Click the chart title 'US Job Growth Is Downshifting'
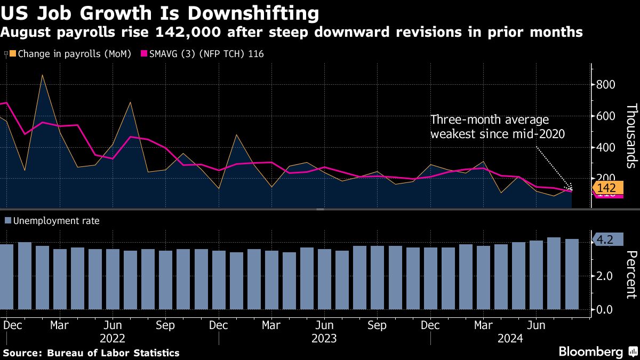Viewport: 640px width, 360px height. pos(160,13)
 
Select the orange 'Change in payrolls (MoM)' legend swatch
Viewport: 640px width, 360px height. pos(13,54)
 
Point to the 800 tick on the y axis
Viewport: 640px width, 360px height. pos(606,85)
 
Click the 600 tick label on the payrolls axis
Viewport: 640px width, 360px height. pos(606,116)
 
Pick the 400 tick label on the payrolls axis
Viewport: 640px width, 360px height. pos(606,148)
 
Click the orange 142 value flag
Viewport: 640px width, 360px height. pos(606,188)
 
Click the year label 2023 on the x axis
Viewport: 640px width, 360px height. pos(324,339)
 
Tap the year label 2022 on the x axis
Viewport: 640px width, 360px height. pos(112,339)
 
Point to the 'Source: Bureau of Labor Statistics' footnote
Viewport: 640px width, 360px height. pos(91,353)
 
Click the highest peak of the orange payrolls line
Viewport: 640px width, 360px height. pos(42,75)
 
